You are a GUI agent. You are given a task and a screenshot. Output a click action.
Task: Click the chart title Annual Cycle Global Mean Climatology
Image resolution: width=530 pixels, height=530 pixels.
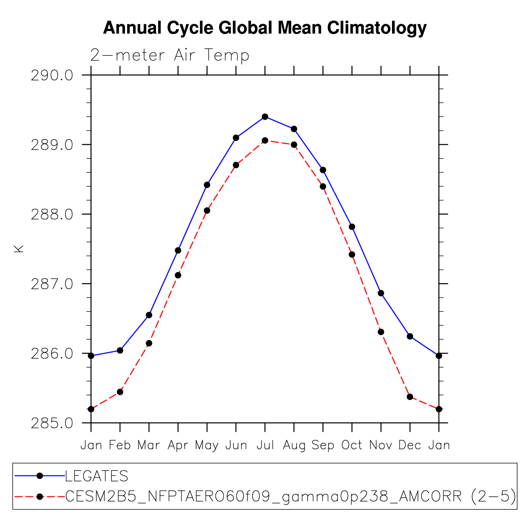pyautogui.click(x=265, y=28)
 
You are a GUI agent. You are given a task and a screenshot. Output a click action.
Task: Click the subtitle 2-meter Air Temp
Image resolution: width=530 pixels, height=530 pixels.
pyautogui.click(x=169, y=56)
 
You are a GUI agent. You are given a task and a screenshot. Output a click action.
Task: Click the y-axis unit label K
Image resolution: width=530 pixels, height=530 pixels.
pyautogui.click(x=19, y=249)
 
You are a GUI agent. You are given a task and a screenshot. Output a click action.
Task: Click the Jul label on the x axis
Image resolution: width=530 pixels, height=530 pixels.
pyautogui.click(x=265, y=445)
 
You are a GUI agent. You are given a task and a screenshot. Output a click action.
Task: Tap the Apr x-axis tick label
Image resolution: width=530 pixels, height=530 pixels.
pyautogui.click(x=178, y=445)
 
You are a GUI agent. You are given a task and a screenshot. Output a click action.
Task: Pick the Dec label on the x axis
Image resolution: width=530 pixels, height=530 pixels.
pyautogui.click(x=410, y=445)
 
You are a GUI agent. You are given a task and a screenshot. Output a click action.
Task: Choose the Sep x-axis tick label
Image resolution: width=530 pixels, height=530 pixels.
pyautogui.click(x=323, y=445)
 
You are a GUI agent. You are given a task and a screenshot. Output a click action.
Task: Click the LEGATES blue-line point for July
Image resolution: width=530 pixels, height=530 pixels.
pyautogui.click(x=265, y=117)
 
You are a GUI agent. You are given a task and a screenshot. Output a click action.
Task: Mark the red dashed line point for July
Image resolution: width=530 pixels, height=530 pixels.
pyautogui.click(x=265, y=141)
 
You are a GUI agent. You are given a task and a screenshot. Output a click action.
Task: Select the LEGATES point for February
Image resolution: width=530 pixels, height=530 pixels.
pyautogui.click(x=120, y=350)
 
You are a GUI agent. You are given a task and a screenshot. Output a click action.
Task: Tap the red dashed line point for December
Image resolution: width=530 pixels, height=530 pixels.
pyautogui.click(x=410, y=397)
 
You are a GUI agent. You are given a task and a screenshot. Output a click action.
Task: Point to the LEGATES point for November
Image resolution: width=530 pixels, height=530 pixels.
pyautogui.click(x=381, y=293)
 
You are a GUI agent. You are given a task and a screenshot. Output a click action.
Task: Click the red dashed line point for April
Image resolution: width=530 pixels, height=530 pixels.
pyautogui.click(x=178, y=275)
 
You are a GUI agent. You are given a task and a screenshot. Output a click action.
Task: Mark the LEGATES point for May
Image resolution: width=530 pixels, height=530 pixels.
pyautogui.click(x=207, y=185)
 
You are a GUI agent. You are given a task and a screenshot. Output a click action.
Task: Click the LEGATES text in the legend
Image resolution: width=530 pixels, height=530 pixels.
pyautogui.click(x=97, y=476)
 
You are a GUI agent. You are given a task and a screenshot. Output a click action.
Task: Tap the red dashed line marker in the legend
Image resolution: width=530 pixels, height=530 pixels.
pyautogui.click(x=40, y=496)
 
